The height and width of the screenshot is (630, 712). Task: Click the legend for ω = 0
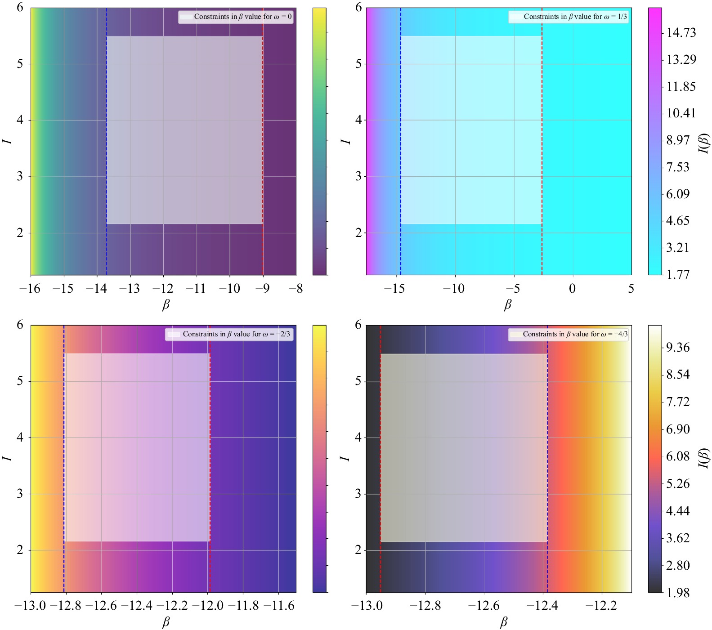(x=236, y=17)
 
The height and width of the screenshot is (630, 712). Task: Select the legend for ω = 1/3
(x=569, y=17)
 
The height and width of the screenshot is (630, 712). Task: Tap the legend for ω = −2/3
(x=229, y=334)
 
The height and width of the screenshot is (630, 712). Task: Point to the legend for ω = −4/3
(x=569, y=334)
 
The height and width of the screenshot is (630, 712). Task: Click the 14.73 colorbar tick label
(x=681, y=33)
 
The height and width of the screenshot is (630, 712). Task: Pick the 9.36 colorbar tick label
(x=678, y=348)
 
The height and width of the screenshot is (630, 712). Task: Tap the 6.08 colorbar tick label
(x=678, y=456)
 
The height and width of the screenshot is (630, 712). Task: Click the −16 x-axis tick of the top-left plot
(x=30, y=289)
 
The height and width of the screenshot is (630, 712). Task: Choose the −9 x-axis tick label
(x=263, y=289)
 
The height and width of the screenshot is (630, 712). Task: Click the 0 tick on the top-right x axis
(x=572, y=289)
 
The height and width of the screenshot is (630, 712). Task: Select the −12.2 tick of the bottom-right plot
(x=601, y=606)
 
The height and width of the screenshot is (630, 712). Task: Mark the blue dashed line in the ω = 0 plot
(x=107, y=135)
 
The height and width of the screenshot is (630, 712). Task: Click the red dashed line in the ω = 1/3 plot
(x=542, y=135)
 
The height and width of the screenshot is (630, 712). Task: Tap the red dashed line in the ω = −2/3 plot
(x=210, y=450)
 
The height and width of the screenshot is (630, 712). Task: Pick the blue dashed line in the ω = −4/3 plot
(x=547, y=450)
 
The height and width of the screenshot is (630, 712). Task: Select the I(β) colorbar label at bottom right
(x=704, y=459)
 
